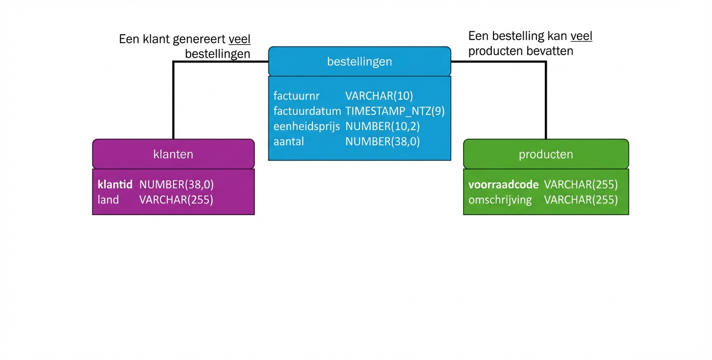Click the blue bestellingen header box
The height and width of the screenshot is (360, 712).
(x=359, y=62)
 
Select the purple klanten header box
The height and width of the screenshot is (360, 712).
(x=173, y=154)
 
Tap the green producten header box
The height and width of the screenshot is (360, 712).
(x=546, y=154)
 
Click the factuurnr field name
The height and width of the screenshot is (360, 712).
(x=296, y=96)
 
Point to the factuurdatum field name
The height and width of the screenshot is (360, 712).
(x=307, y=111)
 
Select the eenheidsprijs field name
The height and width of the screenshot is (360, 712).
(x=306, y=126)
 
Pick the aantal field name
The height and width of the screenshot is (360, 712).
(x=289, y=141)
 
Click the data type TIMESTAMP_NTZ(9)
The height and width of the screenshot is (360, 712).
(x=395, y=111)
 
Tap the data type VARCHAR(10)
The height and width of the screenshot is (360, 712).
(x=379, y=96)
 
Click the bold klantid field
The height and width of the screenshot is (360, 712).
(x=115, y=184)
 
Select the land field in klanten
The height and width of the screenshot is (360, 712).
(x=108, y=200)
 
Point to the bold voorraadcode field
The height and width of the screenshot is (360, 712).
(x=503, y=184)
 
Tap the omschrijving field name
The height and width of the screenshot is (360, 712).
(x=500, y=200)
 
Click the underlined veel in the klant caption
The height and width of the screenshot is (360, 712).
(x=239, y=39)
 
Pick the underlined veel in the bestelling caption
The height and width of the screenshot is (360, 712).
(x=581, y=36)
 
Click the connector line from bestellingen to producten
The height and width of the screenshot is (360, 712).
(x=545, y=98)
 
